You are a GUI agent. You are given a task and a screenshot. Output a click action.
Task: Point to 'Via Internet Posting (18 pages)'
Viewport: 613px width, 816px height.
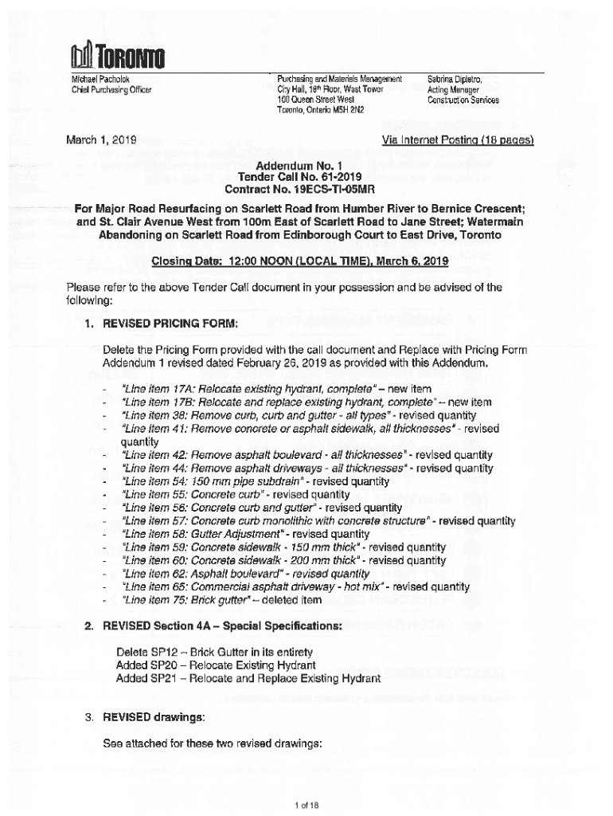457,141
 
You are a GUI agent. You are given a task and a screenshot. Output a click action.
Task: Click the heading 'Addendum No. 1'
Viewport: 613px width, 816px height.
306,164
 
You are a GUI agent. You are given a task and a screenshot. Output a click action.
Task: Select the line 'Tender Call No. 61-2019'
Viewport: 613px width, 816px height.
306,177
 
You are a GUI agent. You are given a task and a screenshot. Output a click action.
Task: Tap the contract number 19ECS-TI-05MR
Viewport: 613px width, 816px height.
334,190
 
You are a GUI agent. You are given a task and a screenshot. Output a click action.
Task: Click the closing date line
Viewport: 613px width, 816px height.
306,261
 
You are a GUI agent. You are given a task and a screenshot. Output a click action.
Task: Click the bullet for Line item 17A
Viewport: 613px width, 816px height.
105,388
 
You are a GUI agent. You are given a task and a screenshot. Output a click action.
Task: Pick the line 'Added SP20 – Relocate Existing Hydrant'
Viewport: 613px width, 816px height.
216,665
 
